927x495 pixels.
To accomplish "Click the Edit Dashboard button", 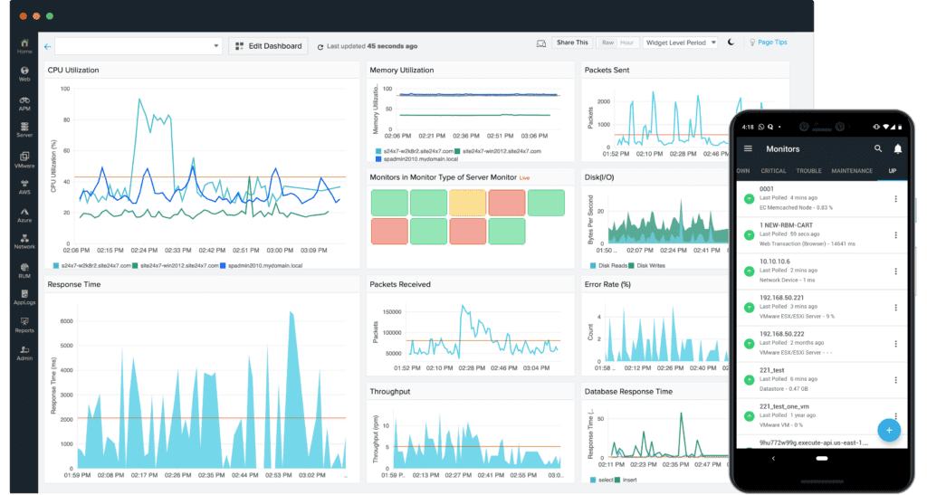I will pyautogui.click(x=268, y=45).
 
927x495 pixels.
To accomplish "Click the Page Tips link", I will pyautogui.click(x=771, y=43).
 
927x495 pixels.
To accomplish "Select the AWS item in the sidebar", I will pyautogui.click(x=25, y=185).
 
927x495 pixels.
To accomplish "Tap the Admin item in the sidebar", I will pyautogui.click(x=25, y=353).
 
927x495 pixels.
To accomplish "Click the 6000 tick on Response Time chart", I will pyautogui.click(x=65, y=321).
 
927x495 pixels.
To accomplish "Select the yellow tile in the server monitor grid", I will pyautogui.click(x=468, y=202).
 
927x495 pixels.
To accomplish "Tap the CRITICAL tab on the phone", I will pyautogui.click(x=773, y=171).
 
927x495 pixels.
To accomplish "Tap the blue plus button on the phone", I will pyautogui.click(x=888, y=430).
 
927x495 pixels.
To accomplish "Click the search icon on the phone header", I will pyautogui.click(x=877, y=148).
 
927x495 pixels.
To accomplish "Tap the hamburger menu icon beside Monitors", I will pyautogui.click(x=748, y=148).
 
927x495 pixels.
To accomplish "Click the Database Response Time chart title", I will pyautogui.click(x=628, y=392).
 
